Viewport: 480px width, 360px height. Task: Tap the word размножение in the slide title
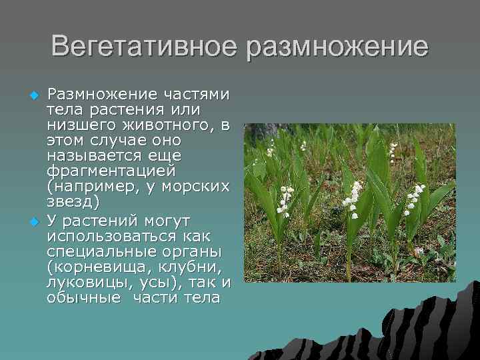[x=336, y=47]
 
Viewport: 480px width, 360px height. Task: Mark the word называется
[x=101, y=156]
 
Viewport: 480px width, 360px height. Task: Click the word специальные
[x=107, y=251]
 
